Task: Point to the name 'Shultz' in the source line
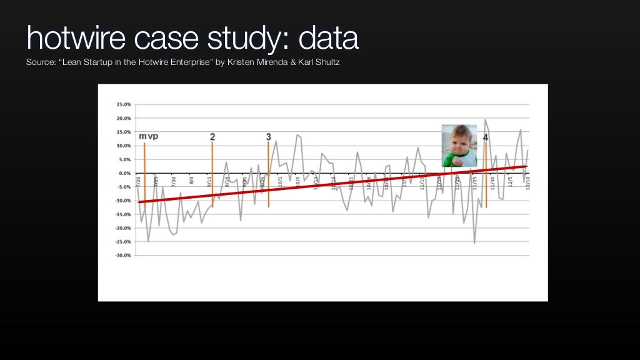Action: click(x=325, y=62)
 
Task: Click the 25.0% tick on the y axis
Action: click(x=123, y=105)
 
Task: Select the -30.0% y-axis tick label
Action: click(x=122, y=255)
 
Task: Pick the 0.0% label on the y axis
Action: click(x=124, y=173)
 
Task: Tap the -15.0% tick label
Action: click(x=122, y=214)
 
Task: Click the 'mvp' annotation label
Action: click(x=148, y=136)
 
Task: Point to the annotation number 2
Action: click(x=212, y=137)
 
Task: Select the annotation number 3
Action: click(x=269, y=137)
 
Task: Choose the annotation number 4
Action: click(x=486, y=137)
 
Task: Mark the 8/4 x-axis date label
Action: click(x=192, y=181)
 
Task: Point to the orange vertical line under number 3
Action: click(x=269, y=187)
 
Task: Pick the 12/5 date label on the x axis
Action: click(x=511, y=182)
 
